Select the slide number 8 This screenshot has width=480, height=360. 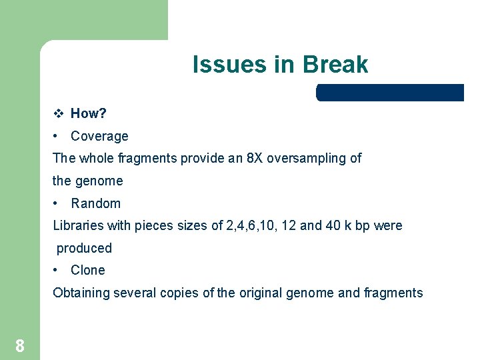[20, 345]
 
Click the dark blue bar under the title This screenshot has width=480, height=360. [390, 93]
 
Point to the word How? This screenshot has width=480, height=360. [89, 113]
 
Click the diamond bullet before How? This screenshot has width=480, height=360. [58, 113]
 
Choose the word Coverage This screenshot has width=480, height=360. [99, 136]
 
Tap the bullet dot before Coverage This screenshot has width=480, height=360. [57, 136]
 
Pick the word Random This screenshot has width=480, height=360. [96, 203]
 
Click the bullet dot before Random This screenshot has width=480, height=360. [57, 203]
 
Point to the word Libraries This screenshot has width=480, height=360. [78, 225]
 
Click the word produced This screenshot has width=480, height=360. [84, 248]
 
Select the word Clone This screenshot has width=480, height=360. [88, 270]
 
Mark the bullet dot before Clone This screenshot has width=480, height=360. [57, 270]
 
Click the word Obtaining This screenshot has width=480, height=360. [81, 293]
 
